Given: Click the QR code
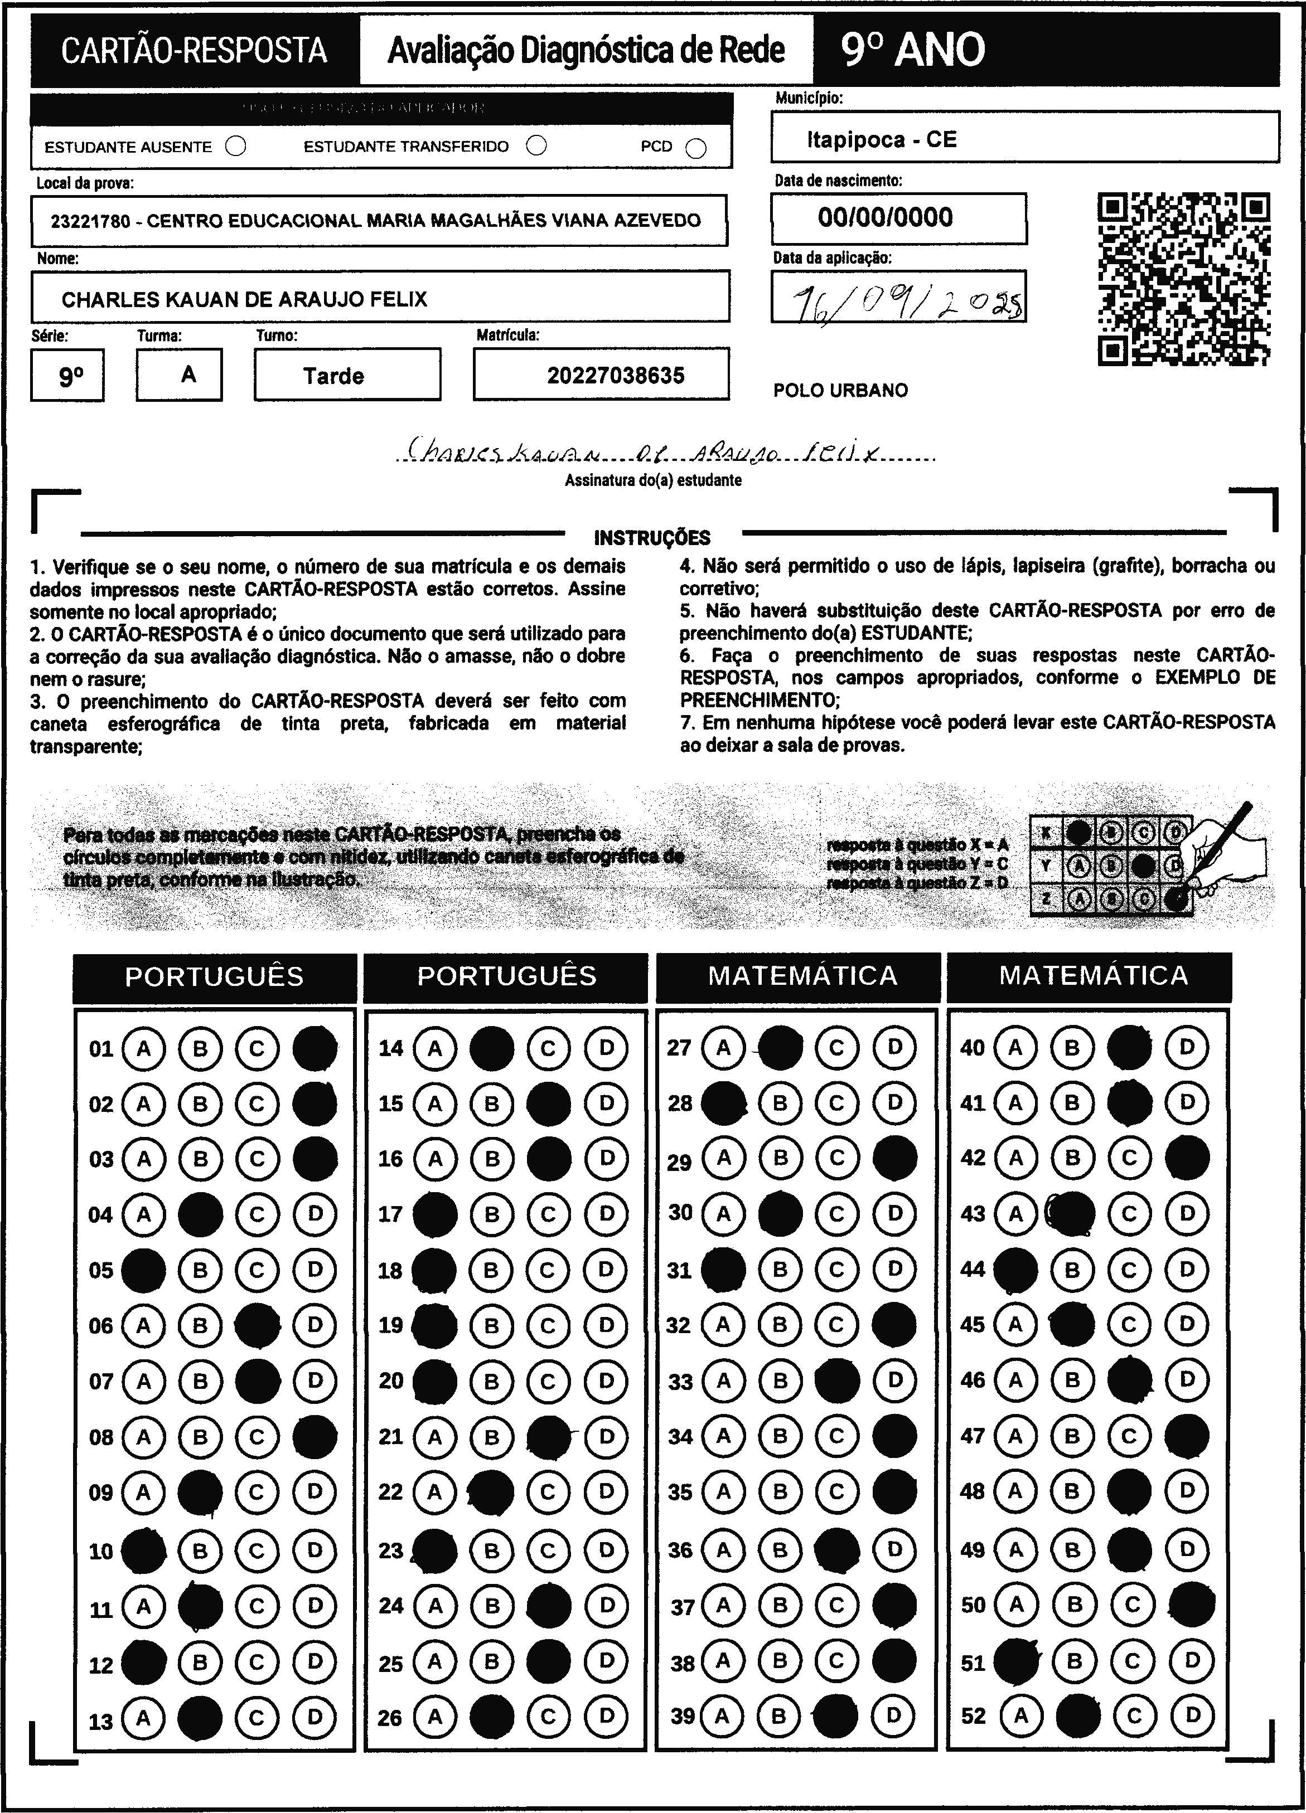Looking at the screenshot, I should (1184, 279).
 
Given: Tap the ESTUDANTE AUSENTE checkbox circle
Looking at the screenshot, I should (236, 146).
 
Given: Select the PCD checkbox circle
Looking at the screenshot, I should (696, 149).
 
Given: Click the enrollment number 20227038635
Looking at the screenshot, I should (615, 376).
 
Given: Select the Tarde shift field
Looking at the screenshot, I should (347, 376).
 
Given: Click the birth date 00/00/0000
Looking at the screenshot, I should (886, 217).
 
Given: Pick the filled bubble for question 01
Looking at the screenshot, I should (315, 1048).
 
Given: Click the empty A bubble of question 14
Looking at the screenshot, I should (434, 1048).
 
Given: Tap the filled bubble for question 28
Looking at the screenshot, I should (723, 1103).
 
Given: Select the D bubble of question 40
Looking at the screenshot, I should (1187, 1047).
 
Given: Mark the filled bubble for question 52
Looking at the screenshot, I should (1076, 1715).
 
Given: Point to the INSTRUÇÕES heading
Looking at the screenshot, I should (652, 538).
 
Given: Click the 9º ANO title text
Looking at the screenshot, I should (912, 50).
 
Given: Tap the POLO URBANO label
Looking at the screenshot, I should (840, 391).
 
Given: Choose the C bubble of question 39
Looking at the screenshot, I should (836, 1715).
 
